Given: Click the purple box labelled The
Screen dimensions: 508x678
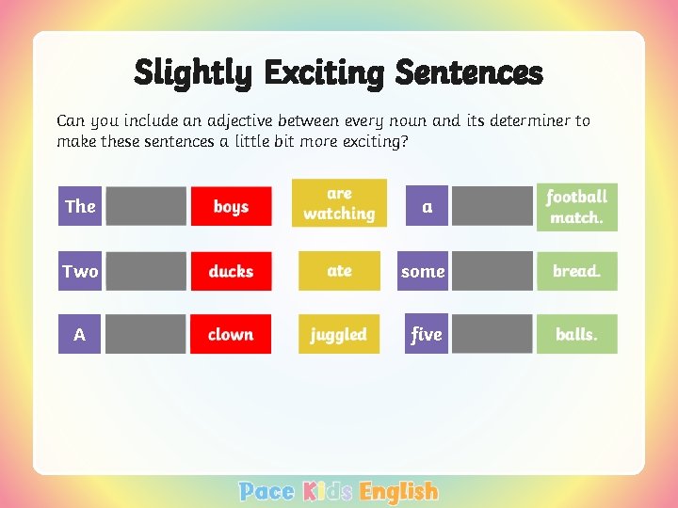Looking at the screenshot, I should (80, 206).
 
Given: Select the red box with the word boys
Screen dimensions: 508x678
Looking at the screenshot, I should (231, 206).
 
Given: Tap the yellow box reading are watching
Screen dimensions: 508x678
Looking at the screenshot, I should (339, 204).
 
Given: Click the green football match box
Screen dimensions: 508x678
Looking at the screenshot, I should (576, 207).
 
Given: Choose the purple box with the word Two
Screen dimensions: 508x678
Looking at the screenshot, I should (80, 271).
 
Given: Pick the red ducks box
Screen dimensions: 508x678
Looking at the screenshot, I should (231, 271).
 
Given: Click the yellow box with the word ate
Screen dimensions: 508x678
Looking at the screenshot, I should (339, 271).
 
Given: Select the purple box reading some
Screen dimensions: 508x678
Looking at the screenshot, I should (423, 271).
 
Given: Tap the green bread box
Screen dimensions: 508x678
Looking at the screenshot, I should (576, 271).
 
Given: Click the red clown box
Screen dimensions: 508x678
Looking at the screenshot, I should (231, 334).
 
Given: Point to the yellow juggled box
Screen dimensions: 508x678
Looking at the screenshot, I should (339, 334).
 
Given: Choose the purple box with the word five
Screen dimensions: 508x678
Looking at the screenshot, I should (427, 334).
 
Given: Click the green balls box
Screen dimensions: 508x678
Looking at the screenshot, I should (576, 334).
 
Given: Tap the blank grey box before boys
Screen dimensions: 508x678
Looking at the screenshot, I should (146, 206).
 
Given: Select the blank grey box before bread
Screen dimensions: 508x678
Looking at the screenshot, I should (492, 271).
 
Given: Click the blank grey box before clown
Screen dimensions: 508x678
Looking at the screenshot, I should (146, 334).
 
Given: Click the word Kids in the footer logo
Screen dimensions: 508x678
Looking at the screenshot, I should (328, 491).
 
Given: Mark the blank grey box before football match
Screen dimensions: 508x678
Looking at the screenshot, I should (492, 206).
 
